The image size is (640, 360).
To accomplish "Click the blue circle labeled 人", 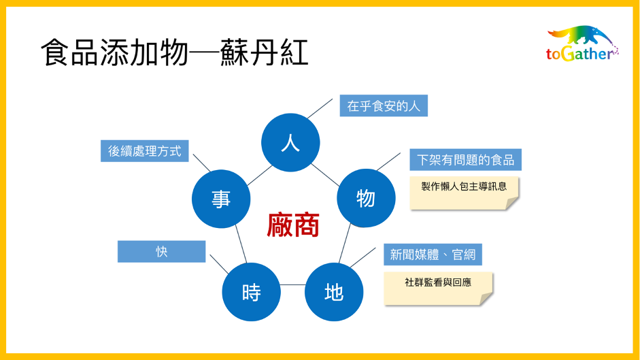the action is click(x=290, y=143).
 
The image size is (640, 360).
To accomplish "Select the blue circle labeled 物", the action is click(x=366, y=198).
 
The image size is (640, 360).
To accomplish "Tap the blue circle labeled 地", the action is click(x=334, y=292).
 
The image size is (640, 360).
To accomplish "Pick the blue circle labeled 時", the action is click(x=251, y=292).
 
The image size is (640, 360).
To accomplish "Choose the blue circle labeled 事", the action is click(x=221, y=199).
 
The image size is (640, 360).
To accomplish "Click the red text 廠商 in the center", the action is click(x=292, y=225).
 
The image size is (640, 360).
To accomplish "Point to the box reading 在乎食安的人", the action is click(x=384, y=105).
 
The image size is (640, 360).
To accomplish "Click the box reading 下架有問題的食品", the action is click(x=465, y=159).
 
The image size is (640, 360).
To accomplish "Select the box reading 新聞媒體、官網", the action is click(x=433, y=254).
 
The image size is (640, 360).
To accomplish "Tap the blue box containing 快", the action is click(x=162, y=251).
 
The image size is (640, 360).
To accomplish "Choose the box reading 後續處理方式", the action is click(x=144, y=151).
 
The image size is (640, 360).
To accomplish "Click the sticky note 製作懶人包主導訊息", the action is click(x=464, y=193).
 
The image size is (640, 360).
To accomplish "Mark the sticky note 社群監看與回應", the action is click(x=438, y=289).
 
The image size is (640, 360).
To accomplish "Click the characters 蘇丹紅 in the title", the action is click(x=265, y=52).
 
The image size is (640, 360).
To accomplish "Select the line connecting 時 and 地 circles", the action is click(x=292, y=284).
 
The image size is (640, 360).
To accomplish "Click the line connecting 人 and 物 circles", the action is click(x=325, y=175).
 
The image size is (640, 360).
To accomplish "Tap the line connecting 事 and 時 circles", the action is click(x=241, y=244).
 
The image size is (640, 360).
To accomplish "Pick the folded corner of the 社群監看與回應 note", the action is click(x=486, y=299).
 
